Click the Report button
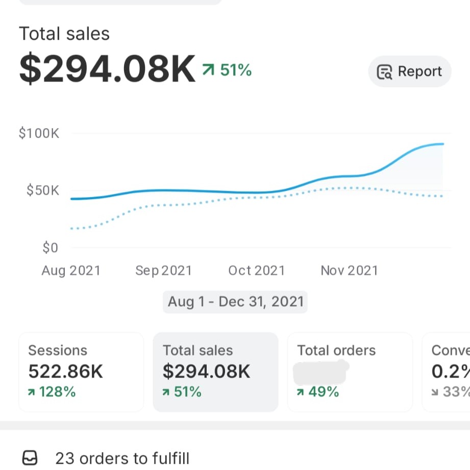409,71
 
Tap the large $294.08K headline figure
108,70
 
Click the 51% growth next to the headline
228,70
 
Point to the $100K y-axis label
39,134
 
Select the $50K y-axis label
43,191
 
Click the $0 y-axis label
50,248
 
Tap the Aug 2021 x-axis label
71,270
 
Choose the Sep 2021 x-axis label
163,270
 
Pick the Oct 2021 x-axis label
256,270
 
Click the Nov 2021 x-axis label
349,270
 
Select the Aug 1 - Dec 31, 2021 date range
235,302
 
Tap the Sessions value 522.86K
65,372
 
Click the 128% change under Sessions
52,392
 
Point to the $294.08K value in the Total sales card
206,372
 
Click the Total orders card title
336,351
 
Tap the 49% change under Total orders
318,392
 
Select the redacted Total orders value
320,372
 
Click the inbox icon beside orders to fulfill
30,458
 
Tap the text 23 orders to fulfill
122,458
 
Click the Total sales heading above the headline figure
64,34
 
